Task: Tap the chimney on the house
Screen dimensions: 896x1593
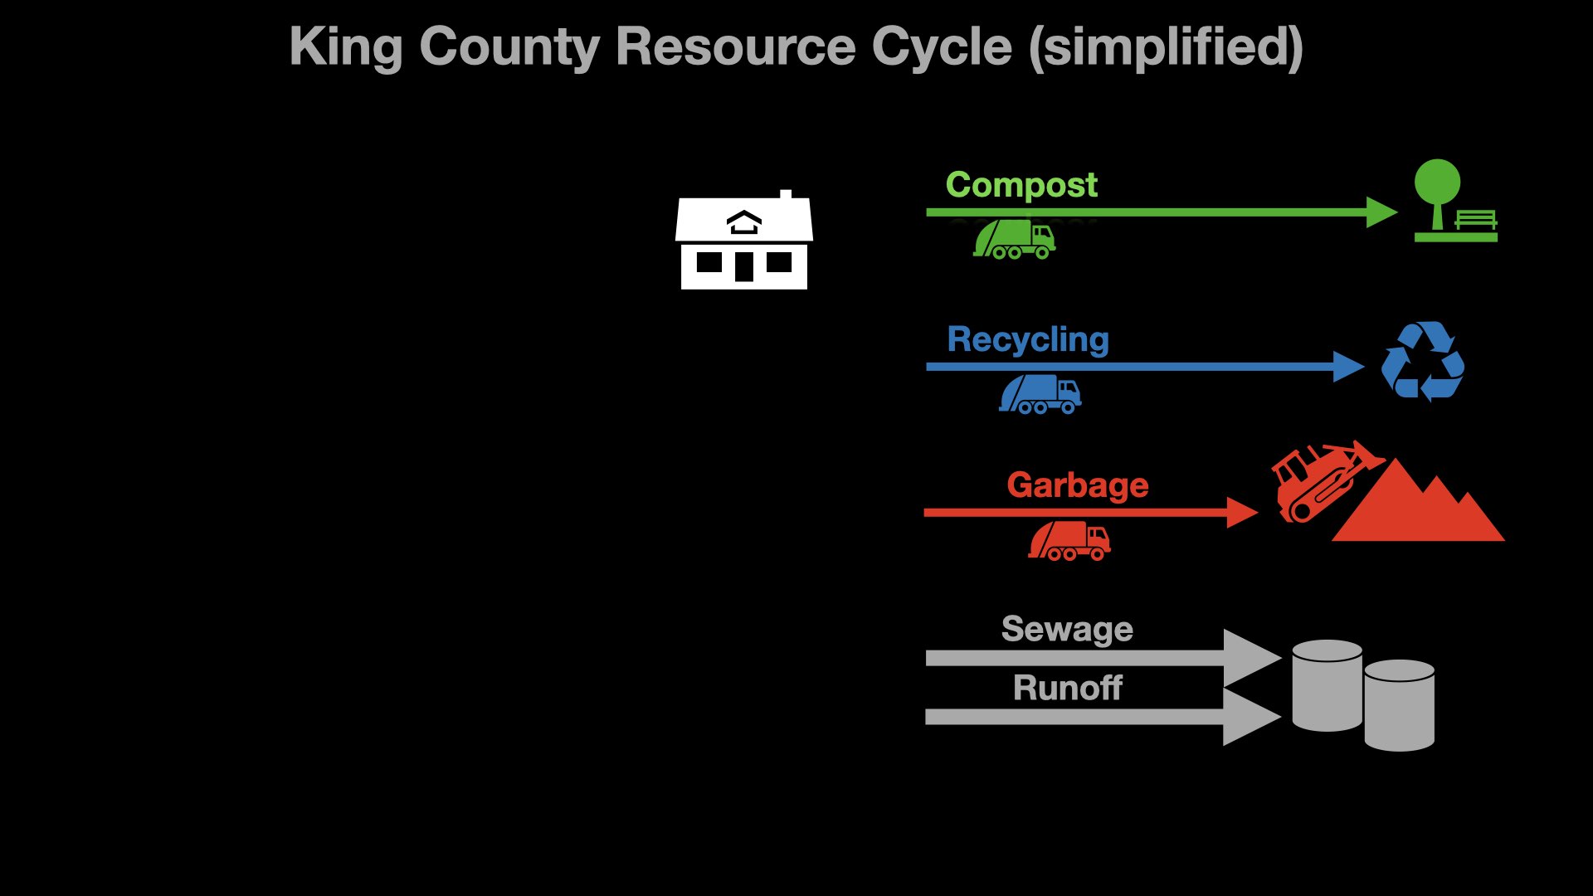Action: [785, 196]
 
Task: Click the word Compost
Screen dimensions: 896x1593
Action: [1021, 185]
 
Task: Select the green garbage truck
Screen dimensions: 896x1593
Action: [1014, 240]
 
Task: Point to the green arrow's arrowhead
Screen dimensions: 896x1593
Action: [1381, 212]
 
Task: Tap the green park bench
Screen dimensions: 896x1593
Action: [1476, 220]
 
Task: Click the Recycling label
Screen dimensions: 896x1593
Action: [1028, 339]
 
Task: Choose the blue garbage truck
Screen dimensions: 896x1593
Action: [1040, 394]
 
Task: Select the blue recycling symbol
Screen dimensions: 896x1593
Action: [1423, 362]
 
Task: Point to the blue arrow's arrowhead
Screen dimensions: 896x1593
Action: [1347, 367]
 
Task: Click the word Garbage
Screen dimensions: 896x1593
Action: [1077, 485]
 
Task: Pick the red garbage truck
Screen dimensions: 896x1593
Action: [1069, 541]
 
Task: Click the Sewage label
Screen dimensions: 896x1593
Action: [1067, 629]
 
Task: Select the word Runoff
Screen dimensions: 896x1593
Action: [1067, 688]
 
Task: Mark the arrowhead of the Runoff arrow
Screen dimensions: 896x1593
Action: [1251, 717]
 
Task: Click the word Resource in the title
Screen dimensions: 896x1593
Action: [734, 46]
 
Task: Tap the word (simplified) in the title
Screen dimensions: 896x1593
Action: [1166, 46]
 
